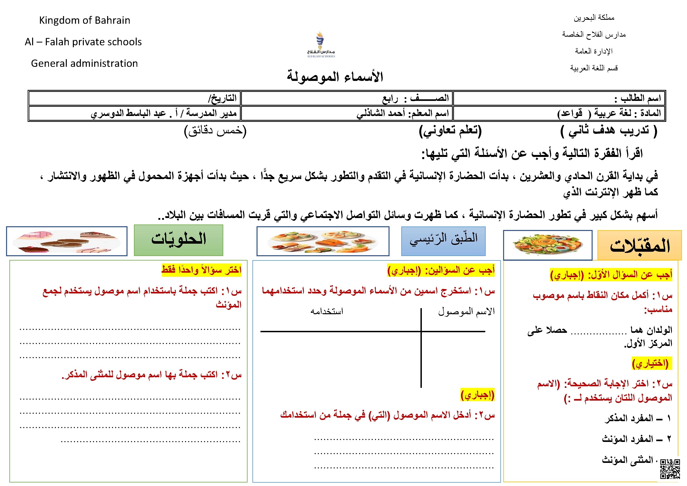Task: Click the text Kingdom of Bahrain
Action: [85, 20]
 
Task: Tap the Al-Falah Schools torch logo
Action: [320, 44]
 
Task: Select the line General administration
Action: [84, 63]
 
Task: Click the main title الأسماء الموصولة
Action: [335, 77]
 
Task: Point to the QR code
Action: [670, 469]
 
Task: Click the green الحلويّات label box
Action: [179, 240]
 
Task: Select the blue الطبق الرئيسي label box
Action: [443, 241]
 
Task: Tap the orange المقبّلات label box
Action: [639, 245]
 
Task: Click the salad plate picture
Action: [548, 245]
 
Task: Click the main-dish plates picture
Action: [323, 241]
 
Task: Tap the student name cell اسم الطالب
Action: [559, 98]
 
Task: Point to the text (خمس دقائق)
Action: [215, 131]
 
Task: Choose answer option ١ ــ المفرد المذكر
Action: [637, 418]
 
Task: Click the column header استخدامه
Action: [327, 311]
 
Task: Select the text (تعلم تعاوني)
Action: [450, 131]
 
